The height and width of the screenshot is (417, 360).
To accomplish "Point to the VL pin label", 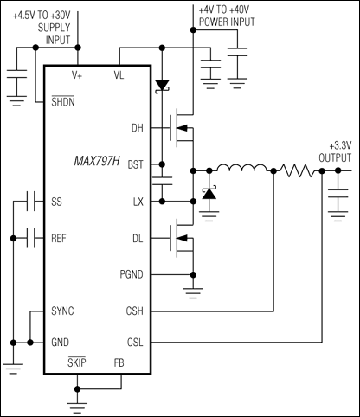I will (x=119, y=74).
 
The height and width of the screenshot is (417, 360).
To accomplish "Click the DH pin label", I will (x=135, y=129).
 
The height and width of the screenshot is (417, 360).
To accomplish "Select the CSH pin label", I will (x=133, y=309).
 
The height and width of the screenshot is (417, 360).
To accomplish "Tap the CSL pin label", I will (x=133, y=343).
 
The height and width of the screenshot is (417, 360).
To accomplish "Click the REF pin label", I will (x=60, y=236).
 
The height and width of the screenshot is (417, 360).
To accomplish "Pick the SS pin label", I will (x=58, y=200).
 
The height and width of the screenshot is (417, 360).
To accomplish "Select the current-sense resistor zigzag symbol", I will (x=298, y=170).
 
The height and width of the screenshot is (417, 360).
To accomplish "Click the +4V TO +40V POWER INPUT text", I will (x=226, y=15).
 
